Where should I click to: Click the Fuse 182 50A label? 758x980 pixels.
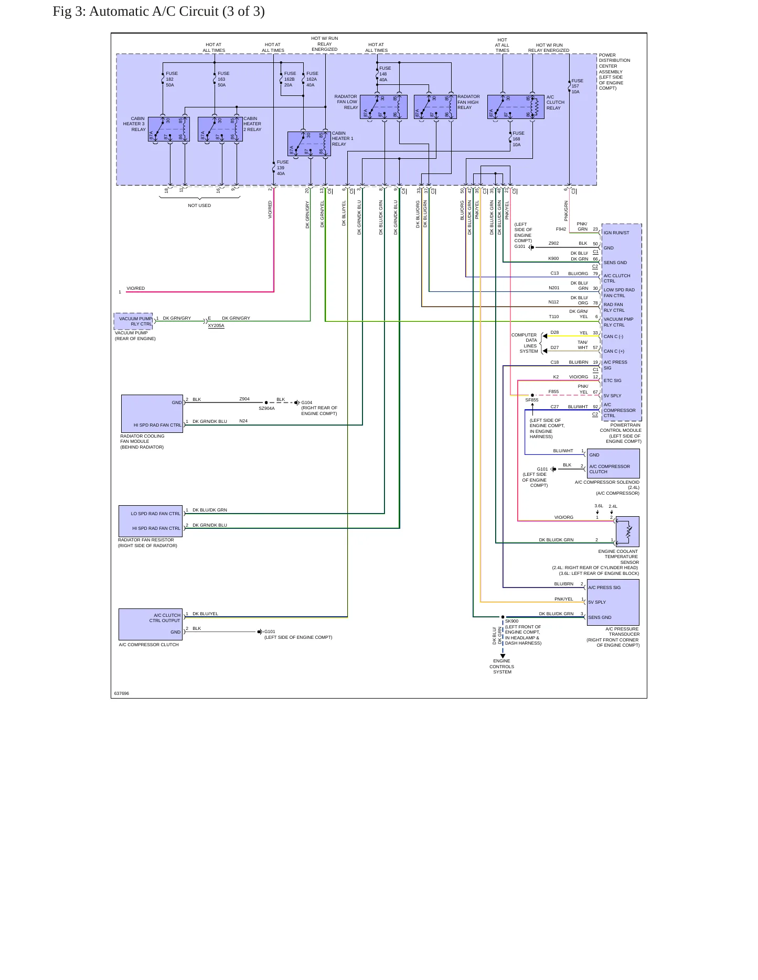click(x=172, y=79)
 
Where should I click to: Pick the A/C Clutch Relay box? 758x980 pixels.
click(x=516, y=107)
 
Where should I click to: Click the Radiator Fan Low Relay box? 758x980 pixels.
click(x=383, y=107)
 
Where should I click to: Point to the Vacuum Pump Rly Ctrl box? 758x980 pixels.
click(x=133, y=321)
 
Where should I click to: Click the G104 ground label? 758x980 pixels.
click(x=307, y=402)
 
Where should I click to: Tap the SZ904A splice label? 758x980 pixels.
click(x=266, y=408)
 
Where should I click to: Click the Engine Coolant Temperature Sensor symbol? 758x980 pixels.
click(x=627, y=532)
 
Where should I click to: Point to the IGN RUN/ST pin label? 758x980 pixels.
click(x=616, y=233)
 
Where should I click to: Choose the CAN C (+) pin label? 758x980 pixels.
click(x=614, y=351)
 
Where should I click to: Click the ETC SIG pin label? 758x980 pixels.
click(x=612, y=380)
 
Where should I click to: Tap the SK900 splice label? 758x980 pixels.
click(x=511, y=621)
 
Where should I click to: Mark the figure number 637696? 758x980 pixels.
click(x=122, y=693)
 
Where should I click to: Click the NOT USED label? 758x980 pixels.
click(x=199, y=205)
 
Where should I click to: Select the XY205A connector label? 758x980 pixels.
click(x=216, y=326)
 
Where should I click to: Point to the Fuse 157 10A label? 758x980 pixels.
click(x=577, y=86)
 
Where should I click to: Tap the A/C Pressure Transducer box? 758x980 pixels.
click(x=613, y=602)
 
